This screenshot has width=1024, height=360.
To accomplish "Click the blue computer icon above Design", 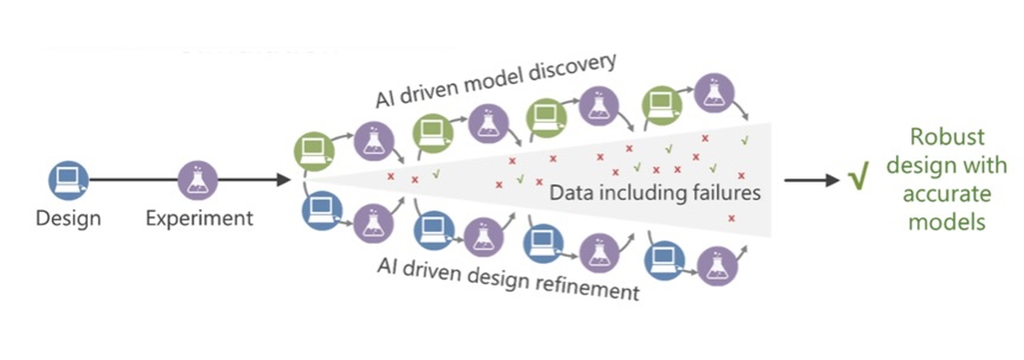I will point(68,181).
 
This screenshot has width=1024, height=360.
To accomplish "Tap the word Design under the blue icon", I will point(68,218).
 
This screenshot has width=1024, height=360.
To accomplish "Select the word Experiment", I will point(199,218).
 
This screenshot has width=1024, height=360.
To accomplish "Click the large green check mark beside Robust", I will point(858,181).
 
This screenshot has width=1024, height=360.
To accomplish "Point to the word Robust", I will point(948,137).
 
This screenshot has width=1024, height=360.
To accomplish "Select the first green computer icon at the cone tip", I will point(313,149).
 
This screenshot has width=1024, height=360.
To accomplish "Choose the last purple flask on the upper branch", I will point(712,93).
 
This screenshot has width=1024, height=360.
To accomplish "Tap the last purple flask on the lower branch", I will point(715,265).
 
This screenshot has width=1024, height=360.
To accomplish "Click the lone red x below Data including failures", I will point(731,218).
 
